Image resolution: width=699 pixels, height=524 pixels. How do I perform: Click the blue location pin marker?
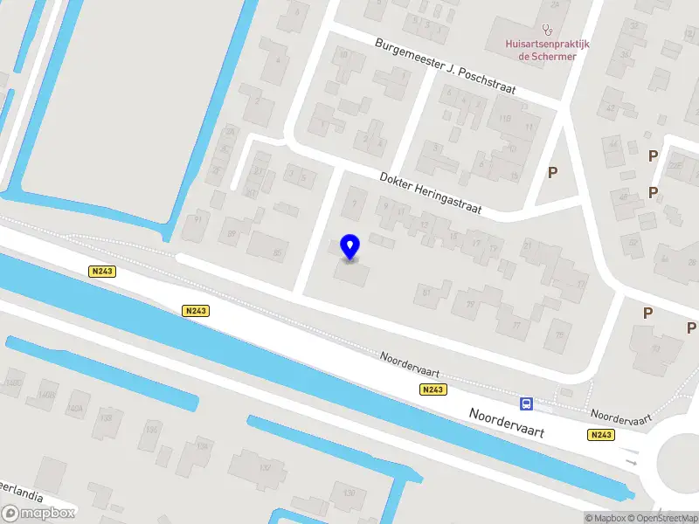(x=350, y=246)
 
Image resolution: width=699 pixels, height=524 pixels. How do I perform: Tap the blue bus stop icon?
(x=527, y=403)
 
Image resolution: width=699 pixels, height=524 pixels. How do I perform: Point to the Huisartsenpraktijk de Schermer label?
(x=547, y=50)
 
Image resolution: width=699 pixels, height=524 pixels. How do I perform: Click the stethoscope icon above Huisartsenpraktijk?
(x=548, y=29)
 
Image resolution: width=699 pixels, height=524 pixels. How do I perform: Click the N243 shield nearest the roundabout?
(x=600, y=435)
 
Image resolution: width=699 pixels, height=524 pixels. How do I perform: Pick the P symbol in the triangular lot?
(x=552, y=173)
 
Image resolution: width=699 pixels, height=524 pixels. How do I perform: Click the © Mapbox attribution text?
(x=604, y=518)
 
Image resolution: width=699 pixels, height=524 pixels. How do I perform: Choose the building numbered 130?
(x=349, y=494)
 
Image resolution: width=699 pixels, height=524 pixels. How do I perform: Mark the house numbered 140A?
(x=75, y=408)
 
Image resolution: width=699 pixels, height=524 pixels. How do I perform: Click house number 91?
(x=197, y=218)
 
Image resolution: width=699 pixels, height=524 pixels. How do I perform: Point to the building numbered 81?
(x=427, y=293)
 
